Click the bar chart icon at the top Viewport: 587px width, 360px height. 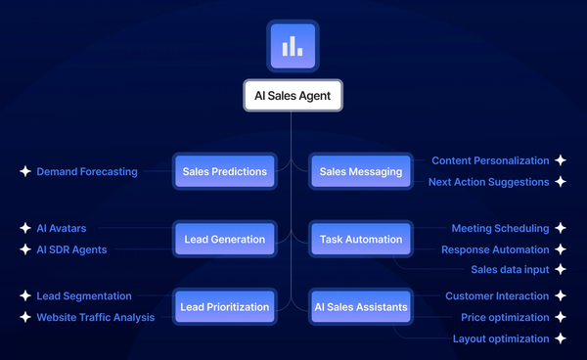click(293, 46)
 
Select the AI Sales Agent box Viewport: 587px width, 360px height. click(293, 96)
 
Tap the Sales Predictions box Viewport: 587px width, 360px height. click(224, 171)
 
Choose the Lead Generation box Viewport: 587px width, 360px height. click(224, 239)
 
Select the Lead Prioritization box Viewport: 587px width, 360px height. click(224, 306)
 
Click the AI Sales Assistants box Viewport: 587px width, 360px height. click(361, 306)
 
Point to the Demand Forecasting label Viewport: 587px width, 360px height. click(87, 171)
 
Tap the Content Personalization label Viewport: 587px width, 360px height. click(490, 159)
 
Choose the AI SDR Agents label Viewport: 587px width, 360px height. click(71, 249)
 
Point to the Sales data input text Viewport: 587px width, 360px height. click(510, 268)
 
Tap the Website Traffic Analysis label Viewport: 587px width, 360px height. click(96, 317)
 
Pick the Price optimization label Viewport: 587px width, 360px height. click(506, 317)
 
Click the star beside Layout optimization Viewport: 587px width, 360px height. click(560, 338)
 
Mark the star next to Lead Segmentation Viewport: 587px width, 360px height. click(25, 295)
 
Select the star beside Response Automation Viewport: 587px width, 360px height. click(560, 249)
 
